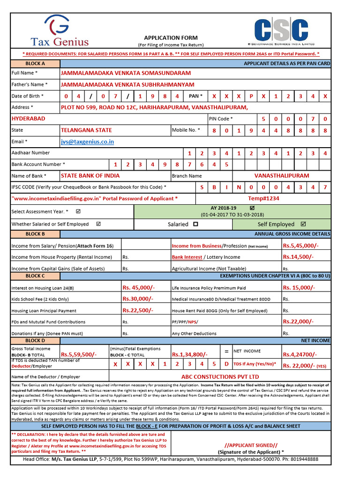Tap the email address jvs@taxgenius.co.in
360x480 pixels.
coord(87,142)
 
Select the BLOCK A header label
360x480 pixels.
coord(35,63)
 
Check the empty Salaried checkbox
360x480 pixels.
coord(195,225)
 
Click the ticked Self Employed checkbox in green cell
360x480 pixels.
coord(303,224)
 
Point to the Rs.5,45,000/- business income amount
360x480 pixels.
coord(300,246)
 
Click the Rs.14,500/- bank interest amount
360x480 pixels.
coord(298,257)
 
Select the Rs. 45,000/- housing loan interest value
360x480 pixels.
coord(138,288)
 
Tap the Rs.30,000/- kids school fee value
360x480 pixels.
coord(137,299)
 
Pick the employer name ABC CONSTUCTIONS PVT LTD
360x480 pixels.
coord(220,376)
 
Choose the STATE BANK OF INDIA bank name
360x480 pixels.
coord(90,176)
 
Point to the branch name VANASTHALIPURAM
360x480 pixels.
coord(282,176)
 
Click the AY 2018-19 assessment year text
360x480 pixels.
coord(224,208)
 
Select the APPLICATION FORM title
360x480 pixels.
coord(171,38)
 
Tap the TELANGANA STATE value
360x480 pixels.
coord(86,130)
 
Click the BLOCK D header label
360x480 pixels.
coord(35,341)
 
